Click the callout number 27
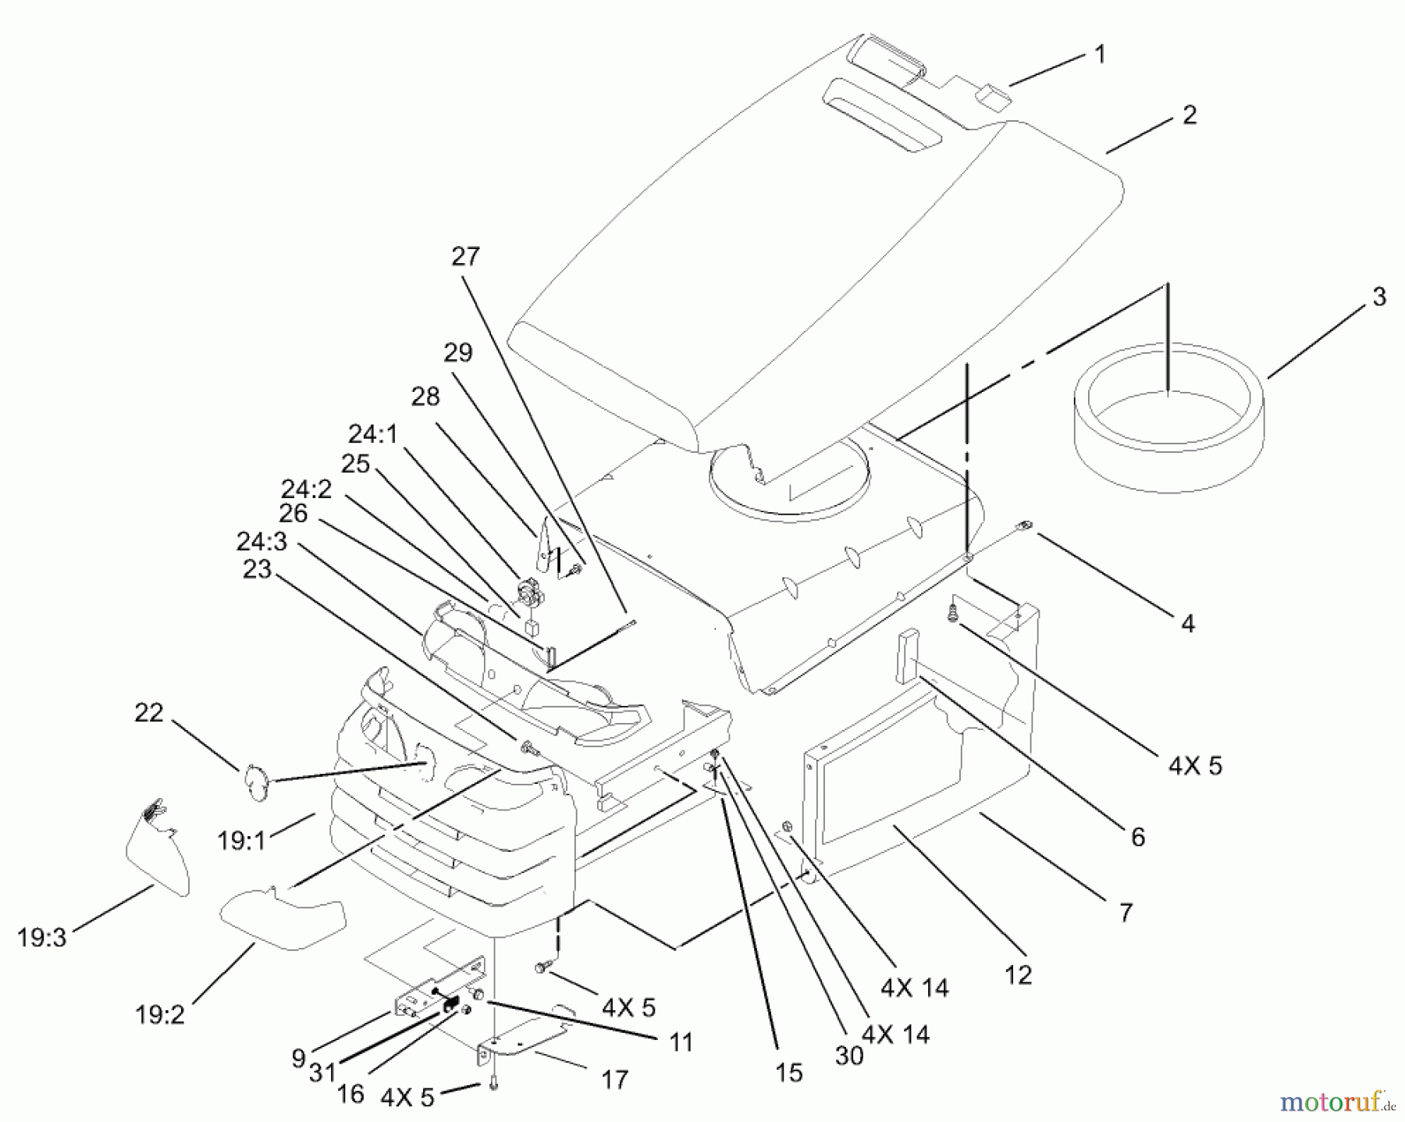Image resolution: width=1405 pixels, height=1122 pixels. click(465, 257)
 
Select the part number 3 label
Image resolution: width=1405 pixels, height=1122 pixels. click(1378, 297)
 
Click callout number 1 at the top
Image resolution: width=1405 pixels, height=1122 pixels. click(1099, 55)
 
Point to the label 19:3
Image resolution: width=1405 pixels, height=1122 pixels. click(42, 938)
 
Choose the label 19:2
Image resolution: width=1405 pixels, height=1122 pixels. click(159, 1015)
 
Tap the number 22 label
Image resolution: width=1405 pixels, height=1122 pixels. click(149, 713)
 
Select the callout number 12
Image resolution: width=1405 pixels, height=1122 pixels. click(1019, 974)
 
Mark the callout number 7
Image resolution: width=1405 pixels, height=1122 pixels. click(1125, 911)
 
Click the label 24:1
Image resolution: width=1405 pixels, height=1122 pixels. click(372, 434)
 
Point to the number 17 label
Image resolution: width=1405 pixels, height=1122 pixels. click(614, 1080)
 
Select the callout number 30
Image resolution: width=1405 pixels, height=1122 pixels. click(848, 1055)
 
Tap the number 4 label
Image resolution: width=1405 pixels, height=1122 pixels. click(1187, 623)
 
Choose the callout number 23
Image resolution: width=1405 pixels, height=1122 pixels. click(257, 570)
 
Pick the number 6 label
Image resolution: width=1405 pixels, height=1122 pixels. click(1137, 837)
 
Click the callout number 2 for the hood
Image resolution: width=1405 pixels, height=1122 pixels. click(1188, 116)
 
